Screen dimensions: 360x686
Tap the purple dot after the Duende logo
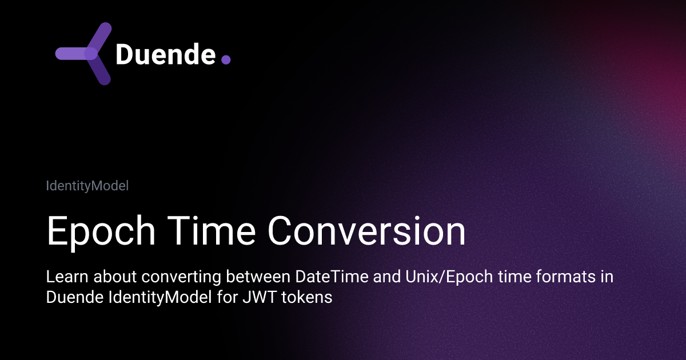pyautogui.click(x=225, y=59)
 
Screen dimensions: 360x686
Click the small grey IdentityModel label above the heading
pyautogui.click(x=87, y=186)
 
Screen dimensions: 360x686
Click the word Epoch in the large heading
pyautogui.click(x=99, y=231)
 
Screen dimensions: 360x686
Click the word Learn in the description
pyautogui.click(x=64, y=278)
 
